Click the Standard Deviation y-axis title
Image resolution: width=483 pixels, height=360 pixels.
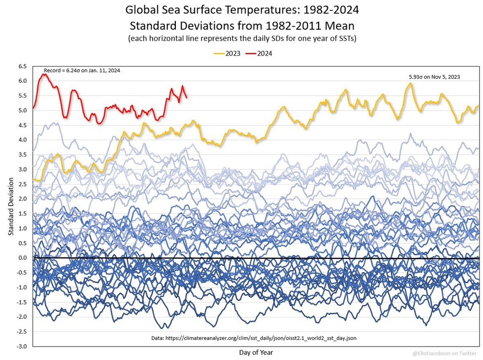click(10, 207)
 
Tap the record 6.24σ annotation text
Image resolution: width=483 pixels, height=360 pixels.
click(82, 71)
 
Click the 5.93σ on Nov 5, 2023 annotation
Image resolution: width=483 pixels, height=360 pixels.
click(434, 76)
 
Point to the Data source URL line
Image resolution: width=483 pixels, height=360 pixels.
click(255, 338)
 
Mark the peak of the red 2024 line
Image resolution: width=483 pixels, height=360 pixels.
click(44, 74)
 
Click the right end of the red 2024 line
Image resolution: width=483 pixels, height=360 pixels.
click(186, 97)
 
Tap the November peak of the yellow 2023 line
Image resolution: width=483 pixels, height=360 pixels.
click(410, 83)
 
